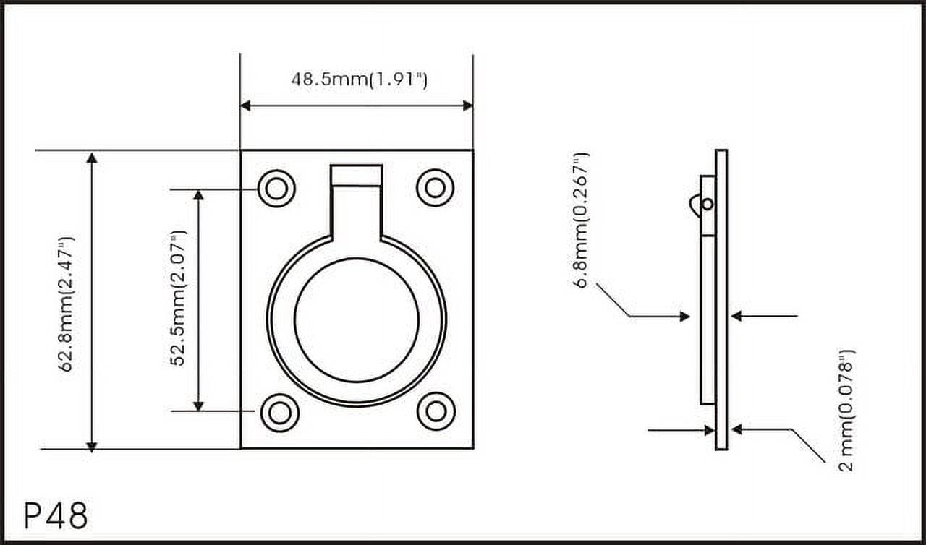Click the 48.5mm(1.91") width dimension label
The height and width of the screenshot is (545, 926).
pyautogui.click(x=360, y=80)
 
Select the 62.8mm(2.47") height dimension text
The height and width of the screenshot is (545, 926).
pyautogui.click(x=66, y=304)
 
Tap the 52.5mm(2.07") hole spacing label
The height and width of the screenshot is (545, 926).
pyautogui.click(x=178, y=298)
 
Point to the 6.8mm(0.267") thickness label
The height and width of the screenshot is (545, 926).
pyautogui.click(x=581, y=220)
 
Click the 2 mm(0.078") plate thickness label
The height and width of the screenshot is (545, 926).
pyautogui.click(x=846, y=411)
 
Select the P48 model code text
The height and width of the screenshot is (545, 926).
pyautogui.click(x=56, y=515)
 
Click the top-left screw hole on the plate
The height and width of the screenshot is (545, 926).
pyautogui.click(x=276, y=189)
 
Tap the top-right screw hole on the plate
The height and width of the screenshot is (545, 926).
pyautogui.click(x=435, y=188)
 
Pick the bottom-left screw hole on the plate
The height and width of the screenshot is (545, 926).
pyautogui.click(x=279, y=413)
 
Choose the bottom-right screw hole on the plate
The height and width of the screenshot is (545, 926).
pyautogui.click(x=436, y=411)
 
